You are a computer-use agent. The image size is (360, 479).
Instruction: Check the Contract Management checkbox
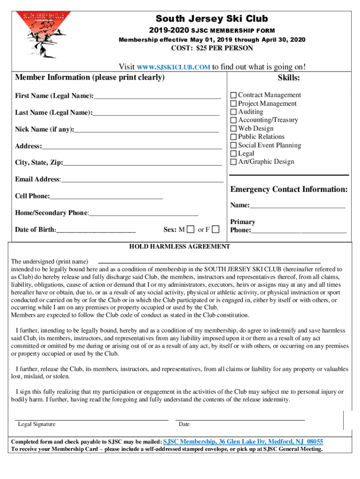click(x=233, y=95)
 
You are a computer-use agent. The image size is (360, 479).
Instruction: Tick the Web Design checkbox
click(x=233, y=129)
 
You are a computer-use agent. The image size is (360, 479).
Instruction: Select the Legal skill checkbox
click(x=233, y=153)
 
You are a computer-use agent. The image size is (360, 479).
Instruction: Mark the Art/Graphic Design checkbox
click(x=233, y=162)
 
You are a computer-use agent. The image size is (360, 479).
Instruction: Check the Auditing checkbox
click(x=233, y=112)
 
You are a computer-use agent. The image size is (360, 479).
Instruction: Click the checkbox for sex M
click(x=190, y=230)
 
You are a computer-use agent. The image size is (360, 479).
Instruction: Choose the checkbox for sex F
click(x=216, y=230)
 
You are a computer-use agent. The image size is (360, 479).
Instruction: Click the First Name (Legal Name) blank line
click(x=157, y=97)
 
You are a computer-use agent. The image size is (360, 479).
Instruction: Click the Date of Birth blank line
click(x=96, y=231)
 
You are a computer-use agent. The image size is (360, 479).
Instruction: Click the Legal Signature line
click(x=92, y=420)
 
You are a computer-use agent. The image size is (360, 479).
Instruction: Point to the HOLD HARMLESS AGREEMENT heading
click(x=180, y=247)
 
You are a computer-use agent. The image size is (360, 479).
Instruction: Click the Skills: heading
click(x=288, y=78)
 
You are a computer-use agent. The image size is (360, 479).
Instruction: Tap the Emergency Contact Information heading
click(x=288, y=189)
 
